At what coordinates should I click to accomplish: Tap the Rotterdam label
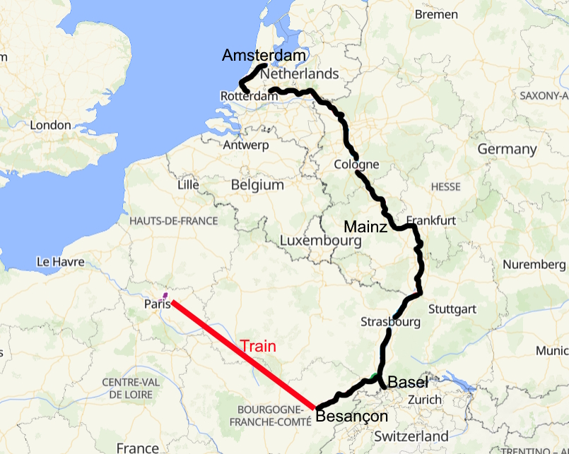click(246, 96)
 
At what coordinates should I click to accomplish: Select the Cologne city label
click(356, 165)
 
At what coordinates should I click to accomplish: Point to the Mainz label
click(365, 227)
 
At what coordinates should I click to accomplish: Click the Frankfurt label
click(431, 220)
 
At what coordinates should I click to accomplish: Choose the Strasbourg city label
click(390, 322)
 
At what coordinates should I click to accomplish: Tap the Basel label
click(409, 383)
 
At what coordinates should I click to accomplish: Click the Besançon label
click(351, 416)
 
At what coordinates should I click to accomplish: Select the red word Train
click(257, 347)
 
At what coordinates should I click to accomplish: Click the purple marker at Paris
click(165, 295)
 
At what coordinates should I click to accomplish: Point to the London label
click(51, 126)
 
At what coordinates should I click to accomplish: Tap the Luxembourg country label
click(320, 241)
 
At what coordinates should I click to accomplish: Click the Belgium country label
click(257, 185)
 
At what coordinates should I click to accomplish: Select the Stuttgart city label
click(452, 309)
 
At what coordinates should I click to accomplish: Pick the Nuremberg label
click(534, 265)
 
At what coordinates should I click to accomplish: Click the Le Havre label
click(60, 262)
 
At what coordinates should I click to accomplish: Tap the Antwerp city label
click(246, 145)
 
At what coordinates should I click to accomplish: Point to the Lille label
click(189, 185)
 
